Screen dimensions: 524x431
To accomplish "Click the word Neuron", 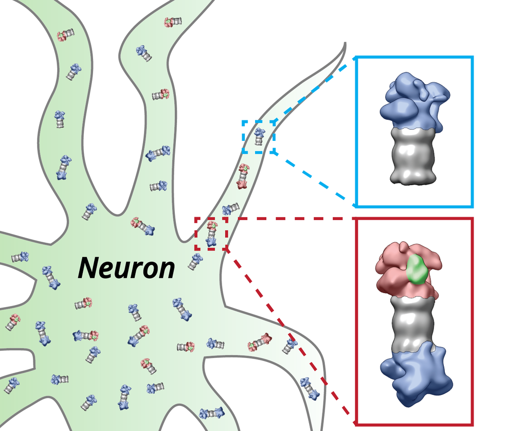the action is [x=127, y=268].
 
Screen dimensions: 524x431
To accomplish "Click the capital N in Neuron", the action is [x=89, y=267].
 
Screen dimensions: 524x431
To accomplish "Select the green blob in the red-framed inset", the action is [x=417, y=270].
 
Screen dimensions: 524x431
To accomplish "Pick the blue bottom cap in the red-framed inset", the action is [x=416, y=374].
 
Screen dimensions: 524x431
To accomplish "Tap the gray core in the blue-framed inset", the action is [x=413, y=156].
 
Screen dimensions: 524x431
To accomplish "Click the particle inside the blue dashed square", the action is [x=259, y=136].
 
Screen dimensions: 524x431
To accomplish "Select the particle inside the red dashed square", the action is [x=211, y=234].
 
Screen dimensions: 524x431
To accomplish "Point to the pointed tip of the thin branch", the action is [x=345, y=43].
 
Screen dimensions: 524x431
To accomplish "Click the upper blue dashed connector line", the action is [x=313, y=91].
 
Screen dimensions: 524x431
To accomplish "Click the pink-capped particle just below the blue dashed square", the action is [x=243, y=176].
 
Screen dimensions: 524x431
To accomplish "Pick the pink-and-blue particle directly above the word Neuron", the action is [x=142, y=226].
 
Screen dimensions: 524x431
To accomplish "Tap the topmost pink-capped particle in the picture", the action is [x=173, y=22].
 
